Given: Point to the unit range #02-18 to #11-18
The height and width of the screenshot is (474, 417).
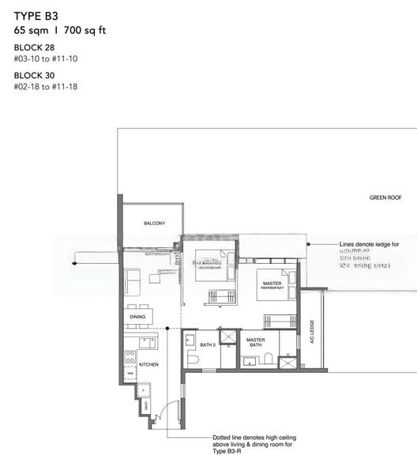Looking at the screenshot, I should (x=47, y=86).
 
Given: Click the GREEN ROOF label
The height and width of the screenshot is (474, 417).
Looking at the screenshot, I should (x=385, y=197).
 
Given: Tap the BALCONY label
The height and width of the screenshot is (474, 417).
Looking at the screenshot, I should (x=154, y=224).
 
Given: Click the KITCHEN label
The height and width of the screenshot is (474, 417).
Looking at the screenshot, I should (x=148, y=364).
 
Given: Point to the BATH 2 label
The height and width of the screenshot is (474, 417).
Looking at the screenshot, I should (x=207, y=344).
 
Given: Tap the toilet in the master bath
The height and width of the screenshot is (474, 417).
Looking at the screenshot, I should (x=268, y=359).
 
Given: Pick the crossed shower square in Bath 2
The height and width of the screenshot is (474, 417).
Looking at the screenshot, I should (x=228, y=337).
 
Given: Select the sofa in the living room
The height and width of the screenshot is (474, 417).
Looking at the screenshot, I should (x=132, y=281).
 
